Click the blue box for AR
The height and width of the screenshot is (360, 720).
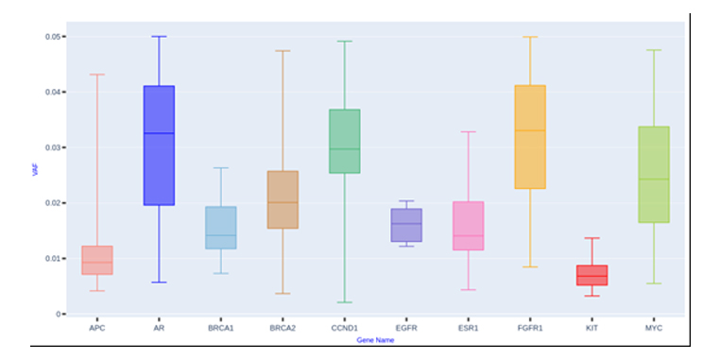[158, 146]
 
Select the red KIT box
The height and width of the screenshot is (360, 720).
[591, 275]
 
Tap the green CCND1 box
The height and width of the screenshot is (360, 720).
[345, 141]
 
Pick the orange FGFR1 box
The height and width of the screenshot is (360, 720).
[529, 137]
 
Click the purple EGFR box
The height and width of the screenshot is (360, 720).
[406, 225]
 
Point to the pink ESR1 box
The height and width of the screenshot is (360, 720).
[468, 226]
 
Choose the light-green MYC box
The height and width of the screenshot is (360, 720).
[653, 174]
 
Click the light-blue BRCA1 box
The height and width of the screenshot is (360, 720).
[220, 228]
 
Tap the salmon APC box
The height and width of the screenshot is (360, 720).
[96, 260]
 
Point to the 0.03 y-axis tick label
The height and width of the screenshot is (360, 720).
[53, 147]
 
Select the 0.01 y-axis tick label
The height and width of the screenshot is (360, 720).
[53, 258]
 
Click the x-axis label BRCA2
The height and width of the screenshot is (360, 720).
[283, 327]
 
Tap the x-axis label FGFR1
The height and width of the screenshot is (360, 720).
[529, 327]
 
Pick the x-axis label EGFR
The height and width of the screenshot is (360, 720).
[406, 327]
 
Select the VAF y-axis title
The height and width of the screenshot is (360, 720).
[35, 173]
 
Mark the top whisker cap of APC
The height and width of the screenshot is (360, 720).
[96, 75]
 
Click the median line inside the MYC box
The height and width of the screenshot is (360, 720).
[653, 180]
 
